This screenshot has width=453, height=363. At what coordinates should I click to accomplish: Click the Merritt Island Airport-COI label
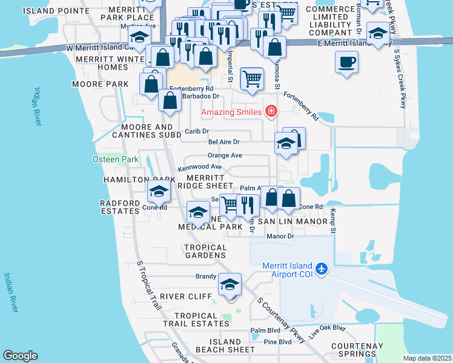[286, 270]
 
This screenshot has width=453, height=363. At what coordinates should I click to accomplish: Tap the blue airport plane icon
[321, 267]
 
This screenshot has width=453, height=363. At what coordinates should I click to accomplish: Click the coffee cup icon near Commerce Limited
[346, 62]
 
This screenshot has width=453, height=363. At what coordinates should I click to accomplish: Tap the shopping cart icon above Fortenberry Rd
[252, 78]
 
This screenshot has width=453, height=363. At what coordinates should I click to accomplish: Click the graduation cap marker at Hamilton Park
[159, 192]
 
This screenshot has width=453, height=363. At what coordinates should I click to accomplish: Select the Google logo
[20, 356]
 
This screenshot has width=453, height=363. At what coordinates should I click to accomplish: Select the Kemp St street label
[332, 221]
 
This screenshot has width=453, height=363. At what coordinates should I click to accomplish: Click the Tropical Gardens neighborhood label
[205, 251]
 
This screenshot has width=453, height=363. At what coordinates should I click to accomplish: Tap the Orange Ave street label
[225, 155]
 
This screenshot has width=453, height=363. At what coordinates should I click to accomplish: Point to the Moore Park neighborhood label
[101, 83]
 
